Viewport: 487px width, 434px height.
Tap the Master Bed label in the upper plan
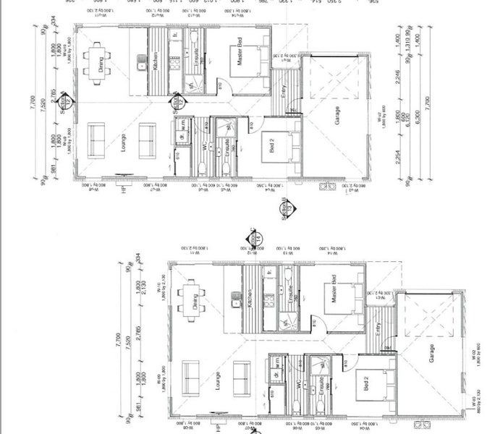coord(241,57)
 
